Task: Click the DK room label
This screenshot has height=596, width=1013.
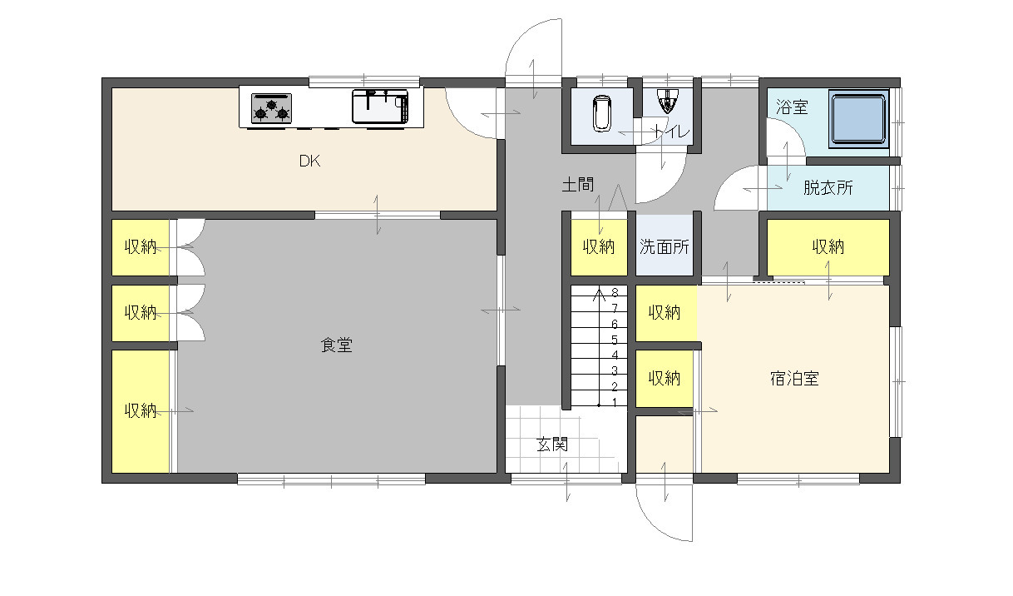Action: pos(309,161)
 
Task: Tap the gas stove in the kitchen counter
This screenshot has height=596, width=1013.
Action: pos(271,108)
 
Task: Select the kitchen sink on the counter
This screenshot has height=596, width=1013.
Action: pos(380,107)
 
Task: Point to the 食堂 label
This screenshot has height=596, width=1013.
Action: pos(337,345)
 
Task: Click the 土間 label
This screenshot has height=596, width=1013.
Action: pos(577,185)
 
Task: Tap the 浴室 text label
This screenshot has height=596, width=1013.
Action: pos(792,107)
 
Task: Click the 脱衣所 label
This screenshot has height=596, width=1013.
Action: pos(828,188)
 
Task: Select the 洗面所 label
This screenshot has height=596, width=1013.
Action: pos(664,247)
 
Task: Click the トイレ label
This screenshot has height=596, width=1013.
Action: pos(671,132)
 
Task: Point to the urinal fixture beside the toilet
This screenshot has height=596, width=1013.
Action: pos(668,101)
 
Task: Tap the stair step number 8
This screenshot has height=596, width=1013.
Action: pos(615,292)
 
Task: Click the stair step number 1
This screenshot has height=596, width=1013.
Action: pos(615,402)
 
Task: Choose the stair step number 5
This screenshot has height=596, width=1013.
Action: pos(615,340)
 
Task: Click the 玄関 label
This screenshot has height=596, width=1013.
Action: pos(552,445)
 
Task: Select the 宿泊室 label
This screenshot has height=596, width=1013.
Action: pos(794,378)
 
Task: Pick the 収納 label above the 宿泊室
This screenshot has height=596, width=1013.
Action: pos(828,247)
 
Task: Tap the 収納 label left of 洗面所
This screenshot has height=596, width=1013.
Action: pos(598,247)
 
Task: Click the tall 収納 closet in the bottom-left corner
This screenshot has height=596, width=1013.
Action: pos(141,411)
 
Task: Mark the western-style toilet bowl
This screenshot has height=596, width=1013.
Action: pos(602,113)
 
